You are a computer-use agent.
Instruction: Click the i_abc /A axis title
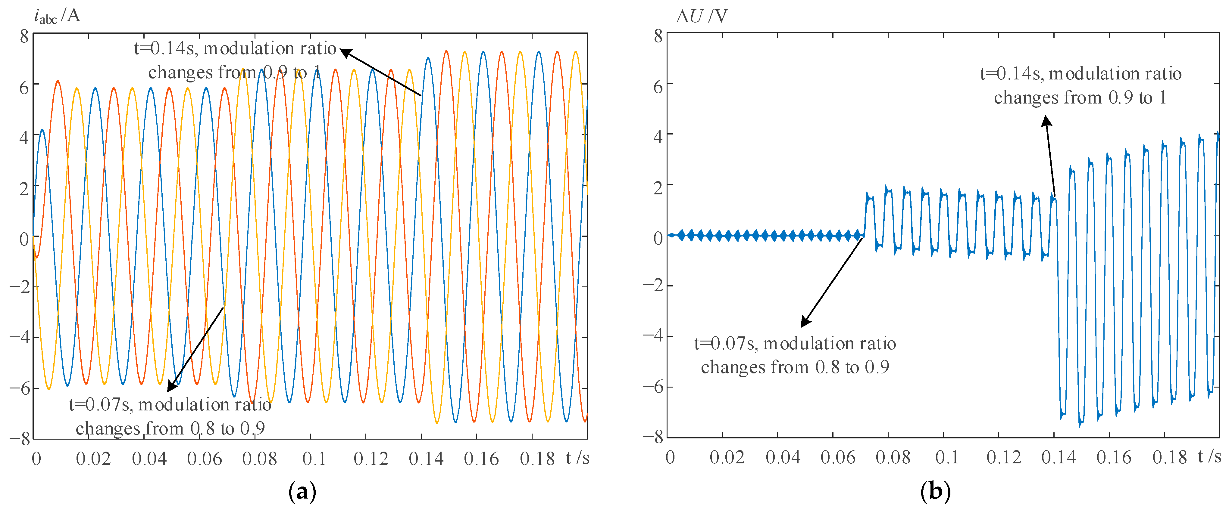point(56,16)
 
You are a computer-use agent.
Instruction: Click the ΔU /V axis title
point(701,16)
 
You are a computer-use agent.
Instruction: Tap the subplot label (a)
point(302,491)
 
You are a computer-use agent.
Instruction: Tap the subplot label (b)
point(935,491)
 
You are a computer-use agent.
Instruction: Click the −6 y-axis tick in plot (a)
point(19,388)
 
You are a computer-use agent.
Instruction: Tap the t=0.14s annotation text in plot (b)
point(1080,85)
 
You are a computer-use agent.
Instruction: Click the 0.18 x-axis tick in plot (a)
point(537,459)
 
